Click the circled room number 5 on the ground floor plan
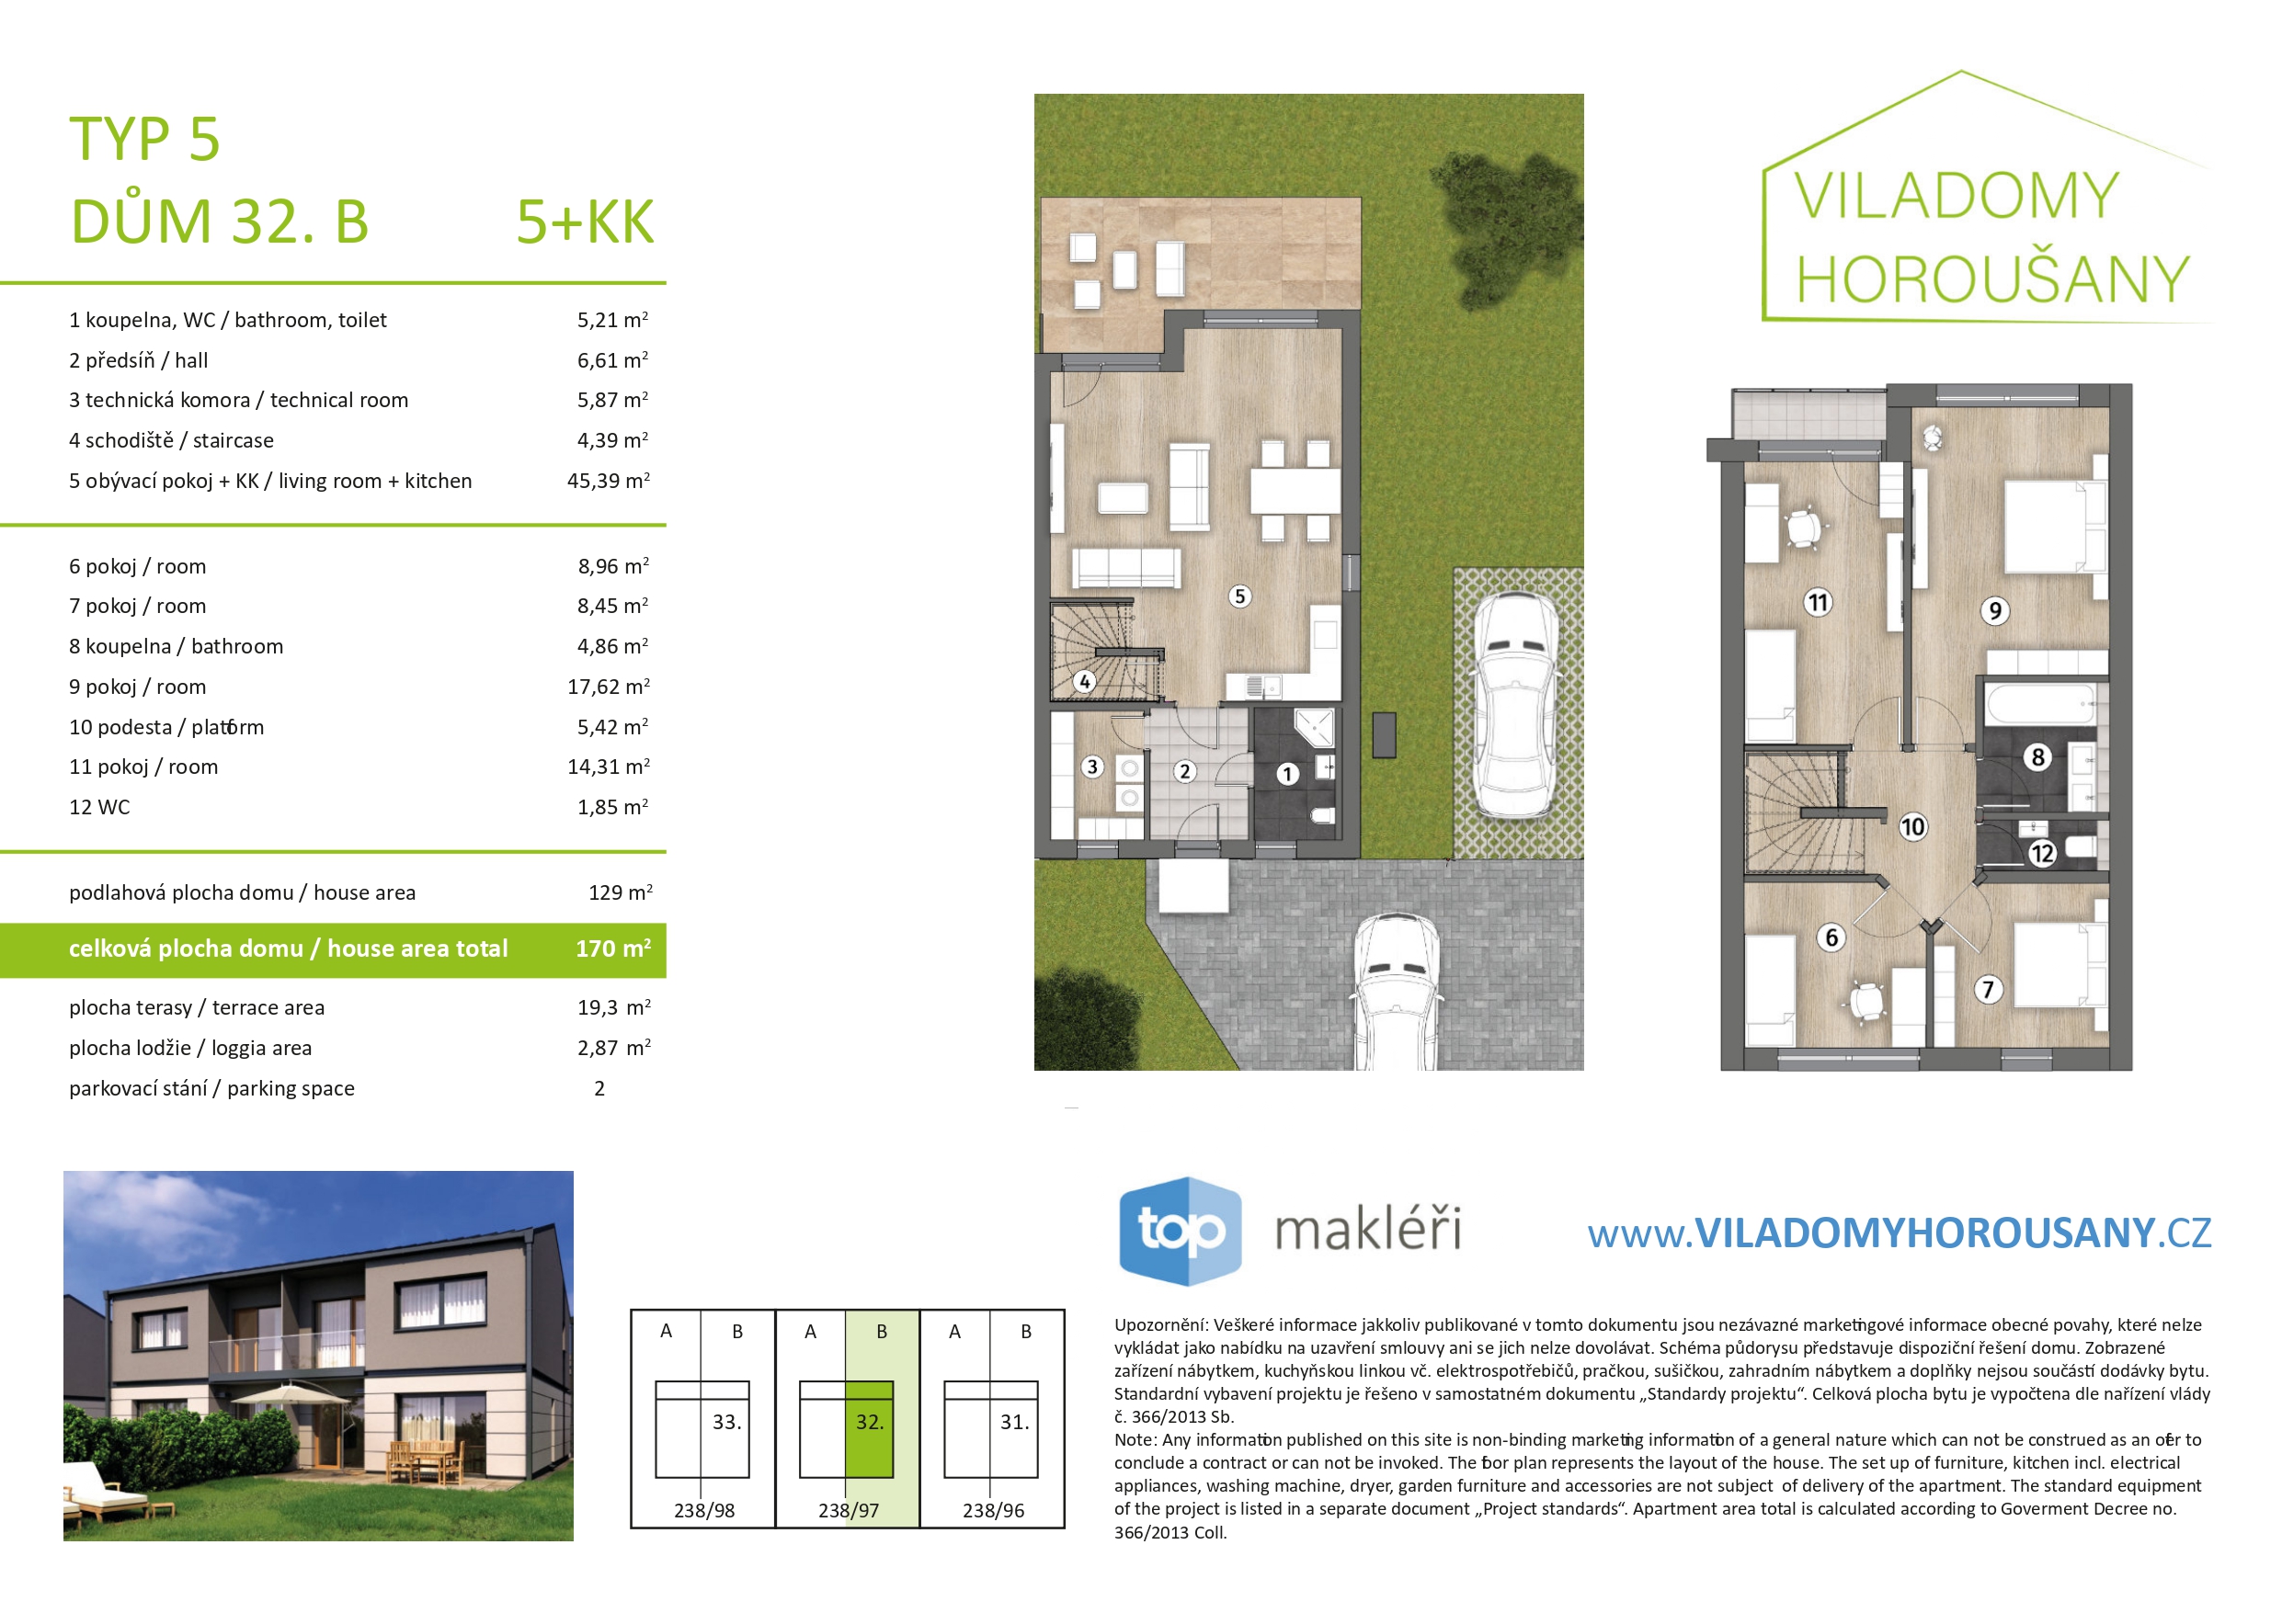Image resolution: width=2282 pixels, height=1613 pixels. pyautogui.click(x=1239, y=596)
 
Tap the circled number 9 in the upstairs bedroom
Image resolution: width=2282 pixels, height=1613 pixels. pyautogui.click(x=1995, y=610)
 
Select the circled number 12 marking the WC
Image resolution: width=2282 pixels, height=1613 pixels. pyautogui.click(x=2041, y=853)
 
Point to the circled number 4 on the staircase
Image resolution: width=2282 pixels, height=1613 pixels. pyautogui.click(x=1084, y=682)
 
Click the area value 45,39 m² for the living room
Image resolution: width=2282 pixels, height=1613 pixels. pyautogui.click(x=609, y=481)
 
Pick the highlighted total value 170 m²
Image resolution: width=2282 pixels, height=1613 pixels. pyautogui.click(x=613, y=948)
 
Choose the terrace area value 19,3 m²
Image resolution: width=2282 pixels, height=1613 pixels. pyautogui.click(x=614, y=1007)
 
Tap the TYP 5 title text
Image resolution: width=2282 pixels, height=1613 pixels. pyautogui.click(x=145, y=138)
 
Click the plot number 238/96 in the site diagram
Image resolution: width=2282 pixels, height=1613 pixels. pyautogui.click(x=993, y=1511)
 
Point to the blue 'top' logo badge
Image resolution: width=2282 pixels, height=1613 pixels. pyautogui.click(x=1180, y=1231)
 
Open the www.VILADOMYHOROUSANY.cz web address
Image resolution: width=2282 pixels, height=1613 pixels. pyautogui.click(x=1900, y=1233)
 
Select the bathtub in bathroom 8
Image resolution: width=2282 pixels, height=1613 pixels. pyautogui.click(x=2040, y=704)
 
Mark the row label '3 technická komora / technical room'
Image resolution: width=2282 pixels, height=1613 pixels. pyautogui.click(x=238, y=401)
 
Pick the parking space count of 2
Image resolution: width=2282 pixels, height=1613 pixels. pyautogui.click(x=599, y=1088)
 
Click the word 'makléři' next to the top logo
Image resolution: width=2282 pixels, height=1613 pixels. pyautogui.click(x=1367, y=1229)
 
